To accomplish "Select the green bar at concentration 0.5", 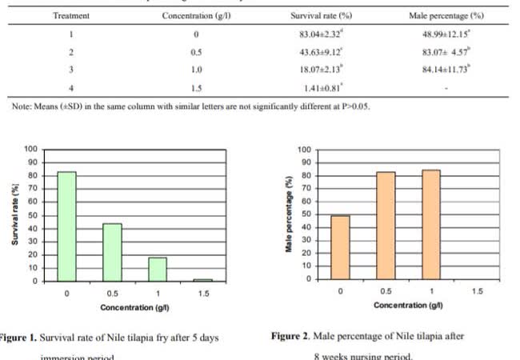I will pos(112,252).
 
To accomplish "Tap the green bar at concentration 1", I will pos(158,269).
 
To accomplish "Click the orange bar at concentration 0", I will pos(341,247).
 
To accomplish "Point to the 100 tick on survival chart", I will pos(30,149).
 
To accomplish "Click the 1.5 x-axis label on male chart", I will pos(478,291).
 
